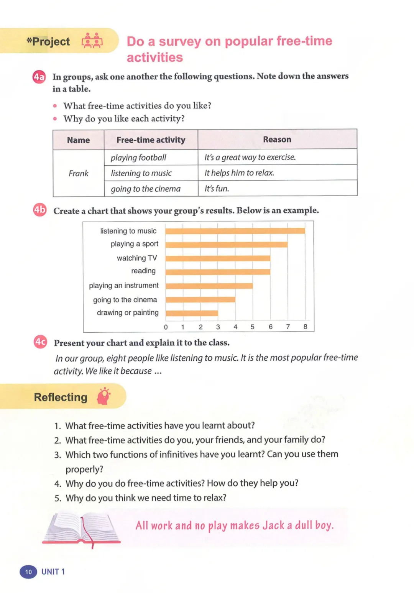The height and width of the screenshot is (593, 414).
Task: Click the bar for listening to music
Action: click(235, 231)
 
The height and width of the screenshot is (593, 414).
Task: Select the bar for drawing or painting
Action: click(192, 313)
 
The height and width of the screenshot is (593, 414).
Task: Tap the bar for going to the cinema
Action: click(200, 299)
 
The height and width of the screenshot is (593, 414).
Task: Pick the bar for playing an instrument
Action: click(209, 286)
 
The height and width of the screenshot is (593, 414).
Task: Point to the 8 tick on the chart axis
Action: click(305, 327)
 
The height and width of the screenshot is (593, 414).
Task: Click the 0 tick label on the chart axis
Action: click(166, 327)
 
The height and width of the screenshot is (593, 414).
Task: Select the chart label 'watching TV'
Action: click(137, 258)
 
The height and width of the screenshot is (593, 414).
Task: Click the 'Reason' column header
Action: click(277, 140)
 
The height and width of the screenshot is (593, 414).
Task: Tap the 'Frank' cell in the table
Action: click(78, 173)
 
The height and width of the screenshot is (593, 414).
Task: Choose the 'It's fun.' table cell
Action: click(217, 189)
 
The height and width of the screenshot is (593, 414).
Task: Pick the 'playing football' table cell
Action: click(138, 158)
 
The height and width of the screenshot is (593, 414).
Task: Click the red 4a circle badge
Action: click(39, 77)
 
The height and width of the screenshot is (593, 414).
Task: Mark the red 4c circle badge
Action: click(40, 342)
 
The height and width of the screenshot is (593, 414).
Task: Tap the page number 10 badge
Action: click(28, 572)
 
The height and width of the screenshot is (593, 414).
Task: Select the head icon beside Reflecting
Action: click(103, 396)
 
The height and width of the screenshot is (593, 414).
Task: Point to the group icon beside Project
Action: click(92, 41)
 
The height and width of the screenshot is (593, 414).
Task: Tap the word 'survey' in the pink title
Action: click(180, 41)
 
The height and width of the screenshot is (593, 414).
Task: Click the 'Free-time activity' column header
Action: click(151, 140)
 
